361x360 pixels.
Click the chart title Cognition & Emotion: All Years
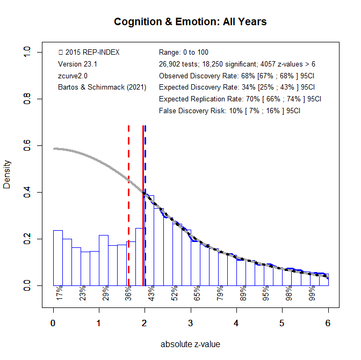click(190, 22)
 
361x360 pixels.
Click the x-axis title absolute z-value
click(190, 344)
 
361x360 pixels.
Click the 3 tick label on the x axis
click(191, 323)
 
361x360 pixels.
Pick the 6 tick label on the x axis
click(328, 323)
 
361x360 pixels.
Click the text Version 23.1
click(77, 64)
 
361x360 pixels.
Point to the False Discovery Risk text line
click(229, 111)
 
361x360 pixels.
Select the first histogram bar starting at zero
click(58, 258)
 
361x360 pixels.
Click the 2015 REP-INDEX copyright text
click(89, 52)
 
